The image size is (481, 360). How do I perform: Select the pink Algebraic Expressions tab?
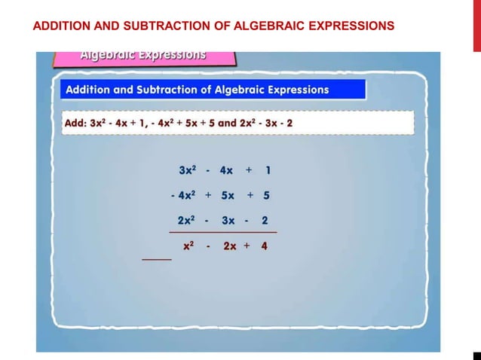point(143,56)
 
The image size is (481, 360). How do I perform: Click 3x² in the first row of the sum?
point(187,171)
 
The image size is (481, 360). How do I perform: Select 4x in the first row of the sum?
point(226,171)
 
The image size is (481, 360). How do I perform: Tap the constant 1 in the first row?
point(268,171)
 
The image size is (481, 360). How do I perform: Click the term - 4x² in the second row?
point(183,196)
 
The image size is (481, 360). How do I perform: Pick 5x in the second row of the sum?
point(227,196)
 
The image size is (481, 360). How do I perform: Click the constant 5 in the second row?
point(266,196)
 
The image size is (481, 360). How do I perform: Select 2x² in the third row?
point(187,221)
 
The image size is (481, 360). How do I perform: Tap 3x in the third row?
point(228,221)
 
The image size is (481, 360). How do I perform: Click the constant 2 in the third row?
point(265,221)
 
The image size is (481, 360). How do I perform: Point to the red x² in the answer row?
point(189,246)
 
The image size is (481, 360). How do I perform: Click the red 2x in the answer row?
point(229,246)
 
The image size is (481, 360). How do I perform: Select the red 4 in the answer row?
point(264,246)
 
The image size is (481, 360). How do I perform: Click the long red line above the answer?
point(222,233)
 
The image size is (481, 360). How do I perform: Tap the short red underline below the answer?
point(157,259)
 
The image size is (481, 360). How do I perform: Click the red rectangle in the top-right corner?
point(476,26)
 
